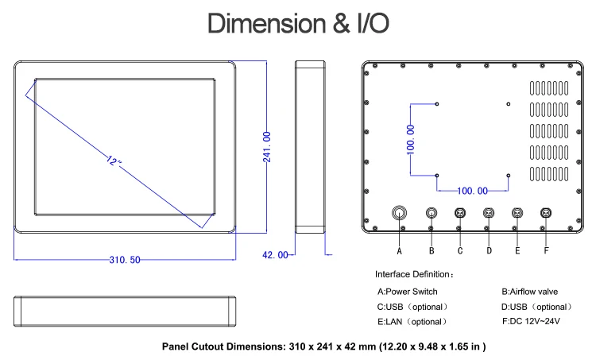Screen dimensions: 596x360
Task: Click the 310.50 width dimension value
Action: [x=125, y=260]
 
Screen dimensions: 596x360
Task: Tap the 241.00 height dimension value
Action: [x=267, y=147]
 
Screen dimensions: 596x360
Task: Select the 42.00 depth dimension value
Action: [x=275, y=255]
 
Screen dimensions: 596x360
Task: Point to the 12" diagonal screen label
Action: [x=114, y=161]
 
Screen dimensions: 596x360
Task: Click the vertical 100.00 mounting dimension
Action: [x=411, y=140]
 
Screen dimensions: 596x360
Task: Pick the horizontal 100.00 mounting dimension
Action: [x=472, y=191]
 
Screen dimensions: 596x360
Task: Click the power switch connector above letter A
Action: [x=399, y=213]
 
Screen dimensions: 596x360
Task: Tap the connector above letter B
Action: [x=432, y=213]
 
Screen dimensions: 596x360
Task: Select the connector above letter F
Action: [x=546, y=213]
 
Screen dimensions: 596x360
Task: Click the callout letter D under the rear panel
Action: [x=489, y=251]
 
